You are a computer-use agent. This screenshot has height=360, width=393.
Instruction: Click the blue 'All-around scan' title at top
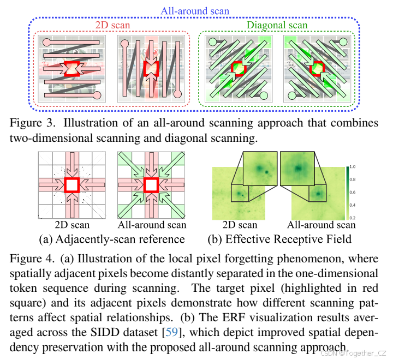[x=195, y=10]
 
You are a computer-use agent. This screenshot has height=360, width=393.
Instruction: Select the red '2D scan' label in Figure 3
[x=111, y=25]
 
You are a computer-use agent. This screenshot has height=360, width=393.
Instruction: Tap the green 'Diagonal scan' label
[x=277, y=25]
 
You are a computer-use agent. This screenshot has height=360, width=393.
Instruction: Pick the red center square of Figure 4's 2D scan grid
[x=72, y=185]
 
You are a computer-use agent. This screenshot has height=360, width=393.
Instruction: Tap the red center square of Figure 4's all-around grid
[x=151, y=185]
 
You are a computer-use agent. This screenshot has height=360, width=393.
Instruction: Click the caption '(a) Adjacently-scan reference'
[x=111, y=239]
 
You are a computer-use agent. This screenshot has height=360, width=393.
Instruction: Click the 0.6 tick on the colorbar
[x=352, y=191]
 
